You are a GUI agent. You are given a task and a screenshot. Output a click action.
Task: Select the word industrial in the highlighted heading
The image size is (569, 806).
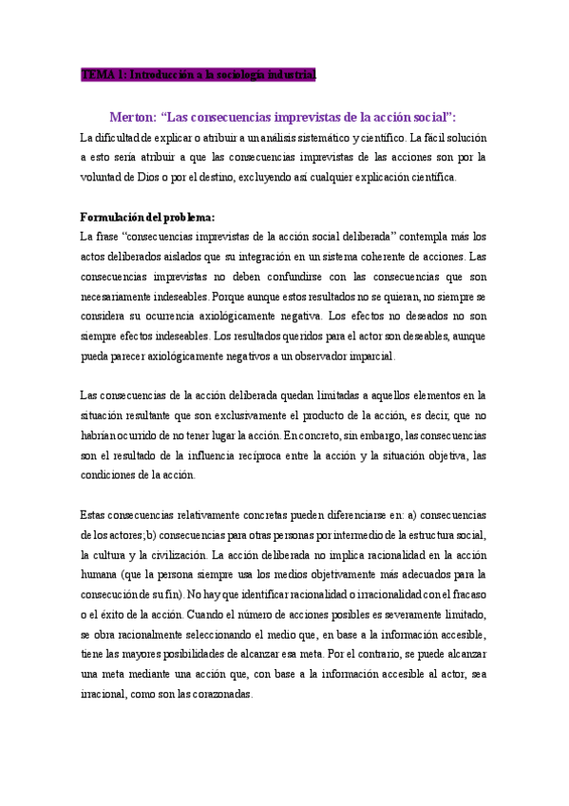pos(287,74)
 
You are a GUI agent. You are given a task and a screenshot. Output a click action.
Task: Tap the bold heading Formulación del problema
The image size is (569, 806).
pos(147,217)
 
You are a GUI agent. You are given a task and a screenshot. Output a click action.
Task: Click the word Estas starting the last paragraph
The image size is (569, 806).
pos(97,514)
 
